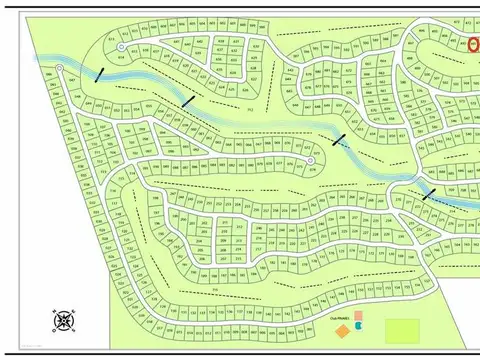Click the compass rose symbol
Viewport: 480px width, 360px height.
[64, 320]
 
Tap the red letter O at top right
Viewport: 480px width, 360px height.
[472, 44]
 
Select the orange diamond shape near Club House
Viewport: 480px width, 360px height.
[342, 329]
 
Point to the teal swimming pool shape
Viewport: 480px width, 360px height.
[358, 326]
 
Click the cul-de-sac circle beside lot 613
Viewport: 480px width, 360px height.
[121, 47]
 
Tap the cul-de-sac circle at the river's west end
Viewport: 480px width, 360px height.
[59, 68]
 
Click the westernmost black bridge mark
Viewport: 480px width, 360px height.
[98, 74]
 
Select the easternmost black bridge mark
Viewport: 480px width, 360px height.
[429, 193]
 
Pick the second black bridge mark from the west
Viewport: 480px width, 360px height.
[188, 100]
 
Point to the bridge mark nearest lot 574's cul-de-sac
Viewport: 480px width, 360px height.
[340, 140]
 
